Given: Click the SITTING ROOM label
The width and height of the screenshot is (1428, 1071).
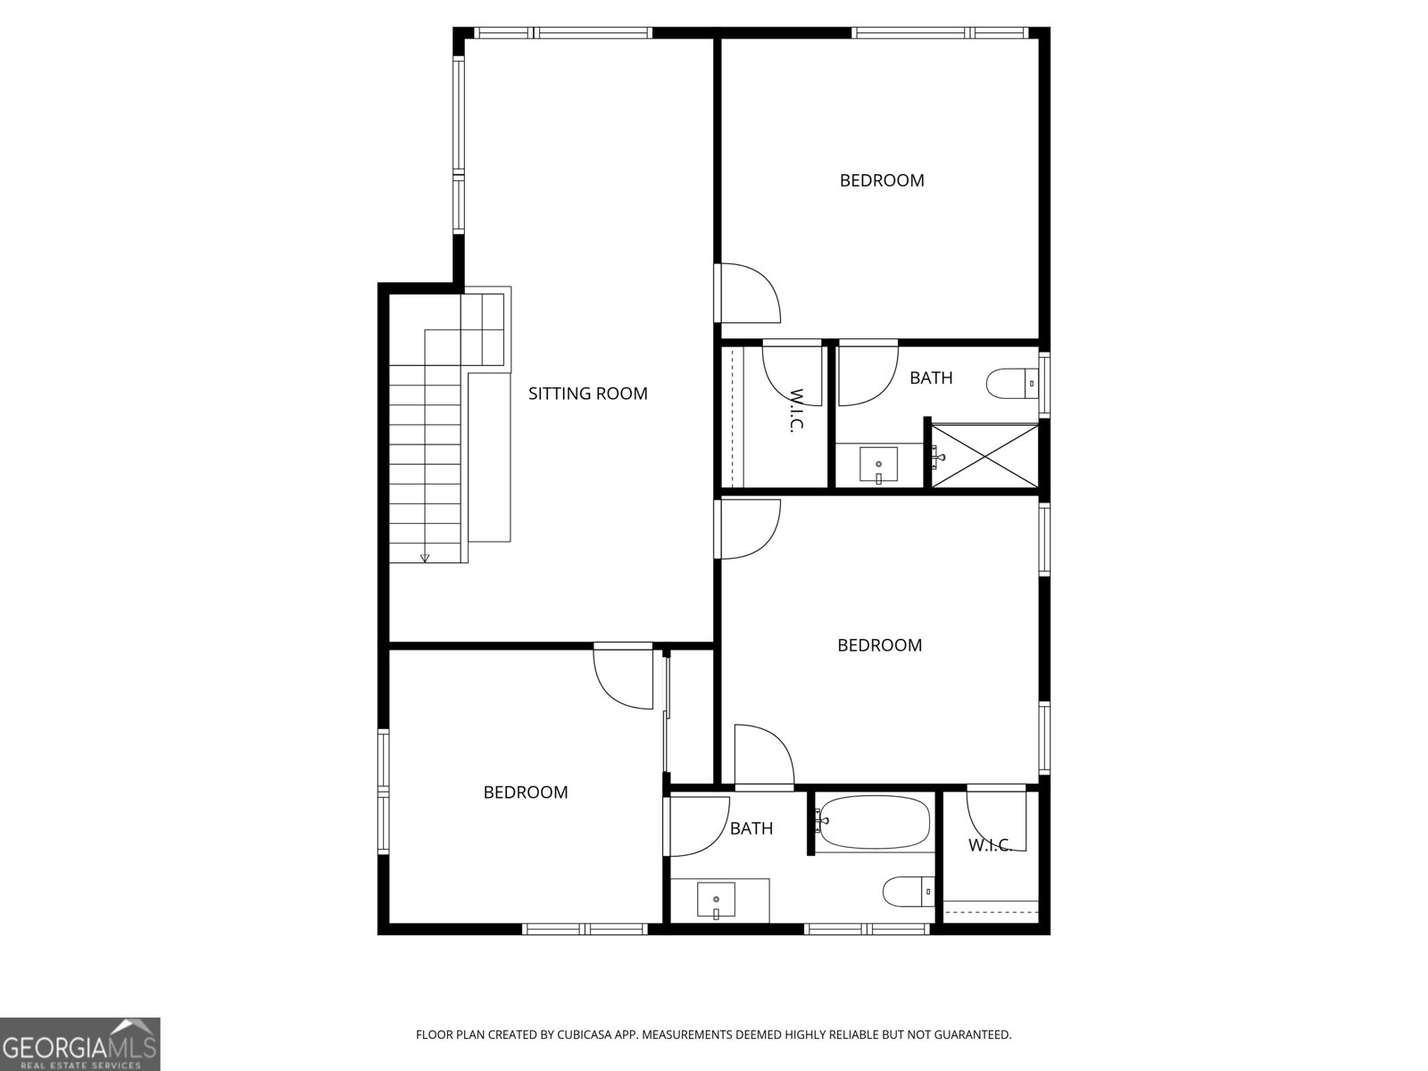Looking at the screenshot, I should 587,394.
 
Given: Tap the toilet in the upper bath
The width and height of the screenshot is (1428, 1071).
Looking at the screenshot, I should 1012,384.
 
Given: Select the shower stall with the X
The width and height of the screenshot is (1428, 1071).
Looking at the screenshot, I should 985,456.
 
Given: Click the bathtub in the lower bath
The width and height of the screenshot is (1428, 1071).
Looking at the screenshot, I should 875,822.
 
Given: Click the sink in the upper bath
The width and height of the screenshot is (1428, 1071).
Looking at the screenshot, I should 878,465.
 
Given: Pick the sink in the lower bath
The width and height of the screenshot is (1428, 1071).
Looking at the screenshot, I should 716,901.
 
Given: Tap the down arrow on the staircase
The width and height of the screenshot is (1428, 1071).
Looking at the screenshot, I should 425,558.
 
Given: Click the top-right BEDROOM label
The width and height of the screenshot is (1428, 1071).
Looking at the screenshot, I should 882,180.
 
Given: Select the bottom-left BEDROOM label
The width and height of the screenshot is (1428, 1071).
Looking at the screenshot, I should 526,793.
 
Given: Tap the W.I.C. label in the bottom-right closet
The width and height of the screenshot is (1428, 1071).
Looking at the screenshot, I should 990,845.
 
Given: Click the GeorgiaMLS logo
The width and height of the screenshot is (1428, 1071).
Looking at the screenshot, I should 79,1043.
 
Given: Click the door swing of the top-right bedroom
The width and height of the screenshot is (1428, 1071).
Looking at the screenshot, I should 751,295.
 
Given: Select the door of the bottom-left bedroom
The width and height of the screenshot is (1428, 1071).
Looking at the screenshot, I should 622,679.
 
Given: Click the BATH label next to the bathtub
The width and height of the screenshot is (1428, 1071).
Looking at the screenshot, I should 751,828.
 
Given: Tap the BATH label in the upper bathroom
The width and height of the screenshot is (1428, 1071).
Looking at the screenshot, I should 931,378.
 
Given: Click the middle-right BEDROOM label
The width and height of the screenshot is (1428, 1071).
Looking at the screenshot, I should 879,645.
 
